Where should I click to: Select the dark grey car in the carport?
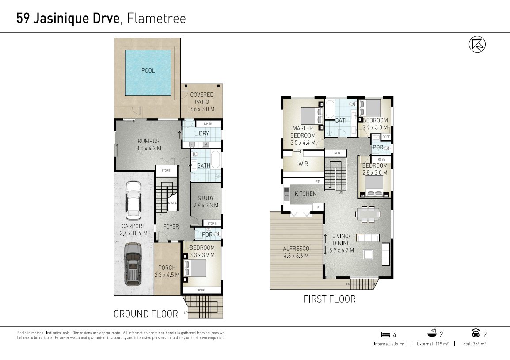(x=133, y=264)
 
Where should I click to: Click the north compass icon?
(x=477, y=44)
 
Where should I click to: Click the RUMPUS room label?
(x=148, y=145)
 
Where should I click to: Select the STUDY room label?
(x=206, y=202)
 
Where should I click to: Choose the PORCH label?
(x=167, y=271)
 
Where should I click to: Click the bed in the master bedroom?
(x=311, y=116)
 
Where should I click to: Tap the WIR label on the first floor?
(x=303, y=164)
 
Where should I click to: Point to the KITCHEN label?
(x=305, y=194)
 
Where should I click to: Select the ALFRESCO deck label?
(x=296, y=252)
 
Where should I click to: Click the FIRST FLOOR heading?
(x=329, y=299)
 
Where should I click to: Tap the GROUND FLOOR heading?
(x=145, y=314)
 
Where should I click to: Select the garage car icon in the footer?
(x=476, y=334)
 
